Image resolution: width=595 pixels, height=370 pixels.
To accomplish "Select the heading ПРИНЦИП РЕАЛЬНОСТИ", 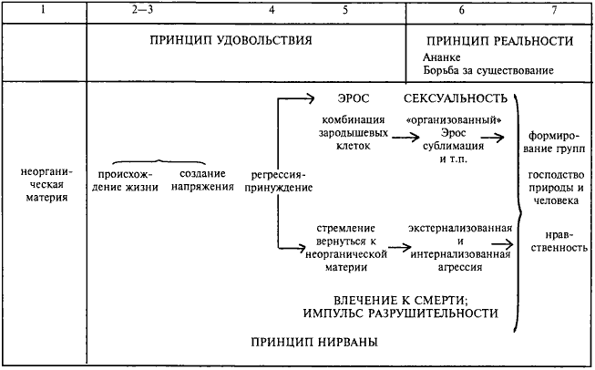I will [x=499, y=41].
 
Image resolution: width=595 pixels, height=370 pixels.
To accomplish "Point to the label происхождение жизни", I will [x=127, y=180].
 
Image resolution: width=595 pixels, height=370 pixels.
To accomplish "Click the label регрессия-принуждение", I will [x=279, y=180].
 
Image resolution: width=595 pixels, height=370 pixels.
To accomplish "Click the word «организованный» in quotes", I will [x=452, y=120].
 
